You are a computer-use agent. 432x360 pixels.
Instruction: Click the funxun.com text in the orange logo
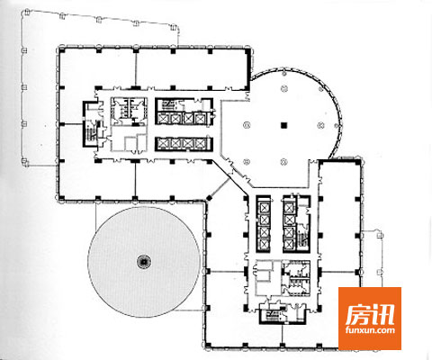(x=370, y=330)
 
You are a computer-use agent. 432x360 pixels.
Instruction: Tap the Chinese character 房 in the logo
(x=357, y=315)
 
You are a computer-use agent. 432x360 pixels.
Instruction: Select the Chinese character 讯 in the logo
(x=382, y=315)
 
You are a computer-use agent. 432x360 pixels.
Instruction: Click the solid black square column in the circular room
(x=283, y=125)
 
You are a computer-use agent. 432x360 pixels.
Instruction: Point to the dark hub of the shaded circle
(x=144, y=262)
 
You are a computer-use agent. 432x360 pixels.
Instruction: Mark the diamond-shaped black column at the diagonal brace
(x=209, y=198)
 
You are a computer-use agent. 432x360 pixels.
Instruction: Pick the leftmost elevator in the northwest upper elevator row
(x=164, y=119)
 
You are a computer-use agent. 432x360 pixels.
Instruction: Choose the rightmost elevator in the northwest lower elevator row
(x=200, y=144)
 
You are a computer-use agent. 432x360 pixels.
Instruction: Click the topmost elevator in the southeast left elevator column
(x=264, y=207)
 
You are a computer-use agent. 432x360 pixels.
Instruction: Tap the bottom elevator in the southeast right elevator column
(x=289, y=244)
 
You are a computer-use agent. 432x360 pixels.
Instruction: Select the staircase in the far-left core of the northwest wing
(x=90, y=130)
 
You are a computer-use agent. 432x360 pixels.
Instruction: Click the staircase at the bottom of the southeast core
(x=272, y=315)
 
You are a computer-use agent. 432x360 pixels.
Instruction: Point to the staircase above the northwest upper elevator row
(x=168, y=104)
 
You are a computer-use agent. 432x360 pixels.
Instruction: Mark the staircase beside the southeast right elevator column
(x=303, y=237)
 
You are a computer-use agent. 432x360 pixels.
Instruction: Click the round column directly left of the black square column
(x=247, y=125)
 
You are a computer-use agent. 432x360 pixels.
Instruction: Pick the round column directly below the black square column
(x=283, y=162)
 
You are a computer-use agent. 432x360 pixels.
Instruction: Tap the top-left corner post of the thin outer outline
(x=26, y=12)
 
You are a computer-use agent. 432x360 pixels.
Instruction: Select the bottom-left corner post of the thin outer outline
(x=25, y=162)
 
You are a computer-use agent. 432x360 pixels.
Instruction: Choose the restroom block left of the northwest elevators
(x=129, y=111)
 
